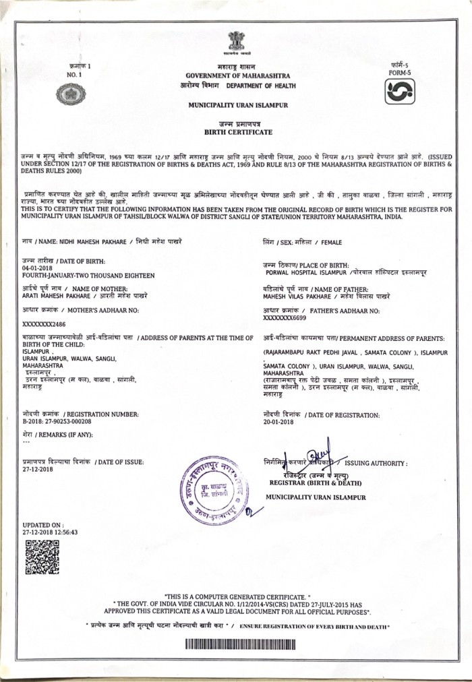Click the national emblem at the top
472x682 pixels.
coord(236,42)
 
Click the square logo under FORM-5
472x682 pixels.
coord(399,91)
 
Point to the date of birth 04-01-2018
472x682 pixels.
coord(38,268)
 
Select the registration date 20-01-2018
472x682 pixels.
coord(281,421)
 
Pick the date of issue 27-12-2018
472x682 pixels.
coord(37,469)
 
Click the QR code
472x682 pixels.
coord(42,557)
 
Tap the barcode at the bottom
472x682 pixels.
coord(236,644)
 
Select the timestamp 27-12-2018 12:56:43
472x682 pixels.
coord(50,532)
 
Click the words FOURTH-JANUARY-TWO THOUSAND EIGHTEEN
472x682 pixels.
coord(88,276)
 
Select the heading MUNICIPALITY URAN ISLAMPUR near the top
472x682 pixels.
coord(236,106)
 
